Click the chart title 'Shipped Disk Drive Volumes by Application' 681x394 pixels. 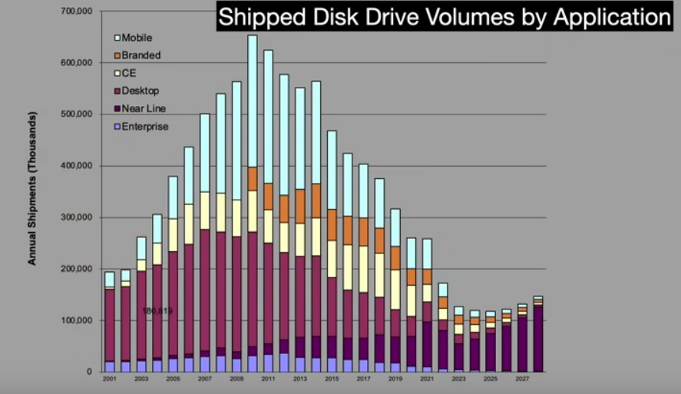[x=445, y=18]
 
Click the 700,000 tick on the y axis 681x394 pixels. [x=76, y=12]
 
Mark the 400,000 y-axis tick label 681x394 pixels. [x=76, y=166]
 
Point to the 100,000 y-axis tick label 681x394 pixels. [x=76, y=320]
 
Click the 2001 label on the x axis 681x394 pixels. [x=109, y=379]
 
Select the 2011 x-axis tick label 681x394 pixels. [x=268, y=379]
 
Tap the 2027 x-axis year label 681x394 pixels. [x=522, y=379]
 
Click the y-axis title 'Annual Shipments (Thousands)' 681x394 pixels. [x=32, y=188]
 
